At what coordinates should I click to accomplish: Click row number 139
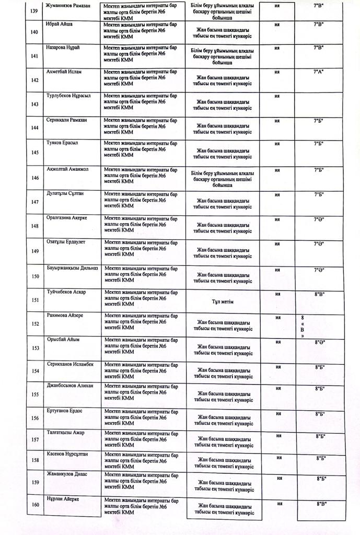[x=35, y=11]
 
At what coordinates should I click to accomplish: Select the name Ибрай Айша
[x=59, y=24]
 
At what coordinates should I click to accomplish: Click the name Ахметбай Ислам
[x=65, y=72]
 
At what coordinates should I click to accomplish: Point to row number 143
[x=35, y=104]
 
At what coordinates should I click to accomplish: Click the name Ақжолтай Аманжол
[x=67, y=169]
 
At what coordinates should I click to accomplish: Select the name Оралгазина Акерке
[x=66, y=217]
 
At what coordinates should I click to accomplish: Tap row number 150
[x=35, y=277]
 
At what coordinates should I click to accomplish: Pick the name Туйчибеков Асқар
[x=66, y=292]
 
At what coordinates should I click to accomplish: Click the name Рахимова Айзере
[x=65, y=316]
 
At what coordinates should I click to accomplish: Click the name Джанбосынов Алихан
[x=69, y=386]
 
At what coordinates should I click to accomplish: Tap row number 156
[x=35, y=418]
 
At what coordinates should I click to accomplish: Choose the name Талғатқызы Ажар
[x=65, y=433]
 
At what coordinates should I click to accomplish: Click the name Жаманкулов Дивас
[x=66, y=474]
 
